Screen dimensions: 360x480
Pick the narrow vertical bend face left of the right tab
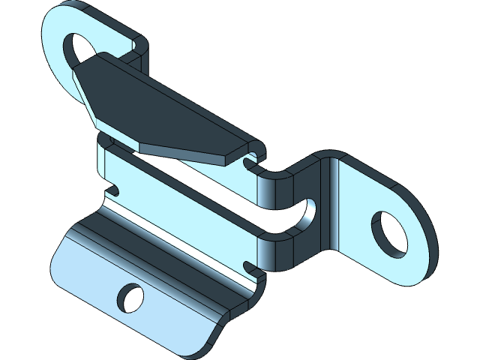329,202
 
